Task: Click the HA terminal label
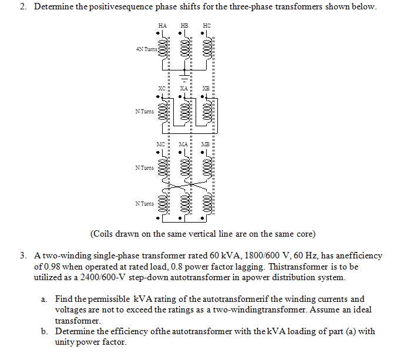[162, 26]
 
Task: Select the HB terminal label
[184, 26]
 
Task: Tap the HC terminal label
[206, 26]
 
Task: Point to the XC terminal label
[162, 88]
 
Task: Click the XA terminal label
[184, 88]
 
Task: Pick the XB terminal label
[206, 88]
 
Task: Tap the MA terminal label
[184, 144]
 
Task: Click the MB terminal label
[206, 144]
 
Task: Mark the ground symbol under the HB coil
[184, 78]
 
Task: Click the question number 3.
[23, 256]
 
